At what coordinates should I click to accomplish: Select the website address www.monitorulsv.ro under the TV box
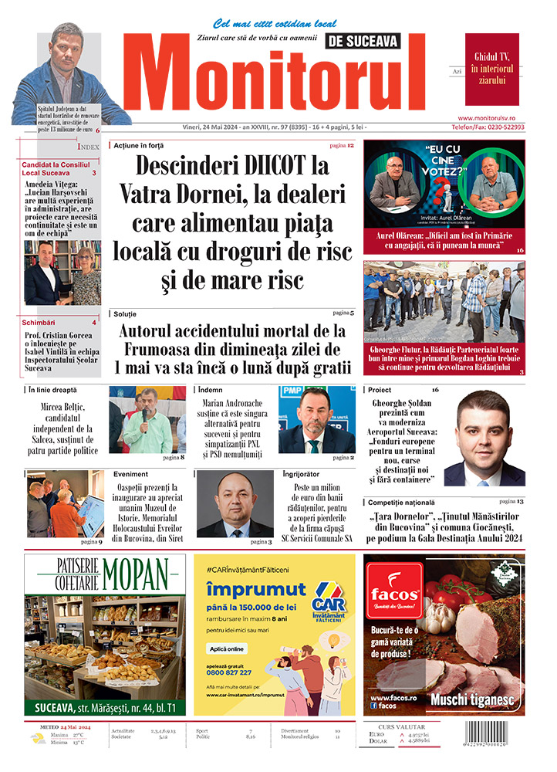tap(491, 117)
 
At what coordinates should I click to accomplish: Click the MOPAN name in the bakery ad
tap(135, 574)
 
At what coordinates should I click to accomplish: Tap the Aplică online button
tap(228, 648)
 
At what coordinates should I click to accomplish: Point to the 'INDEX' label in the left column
tap(88, 146)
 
